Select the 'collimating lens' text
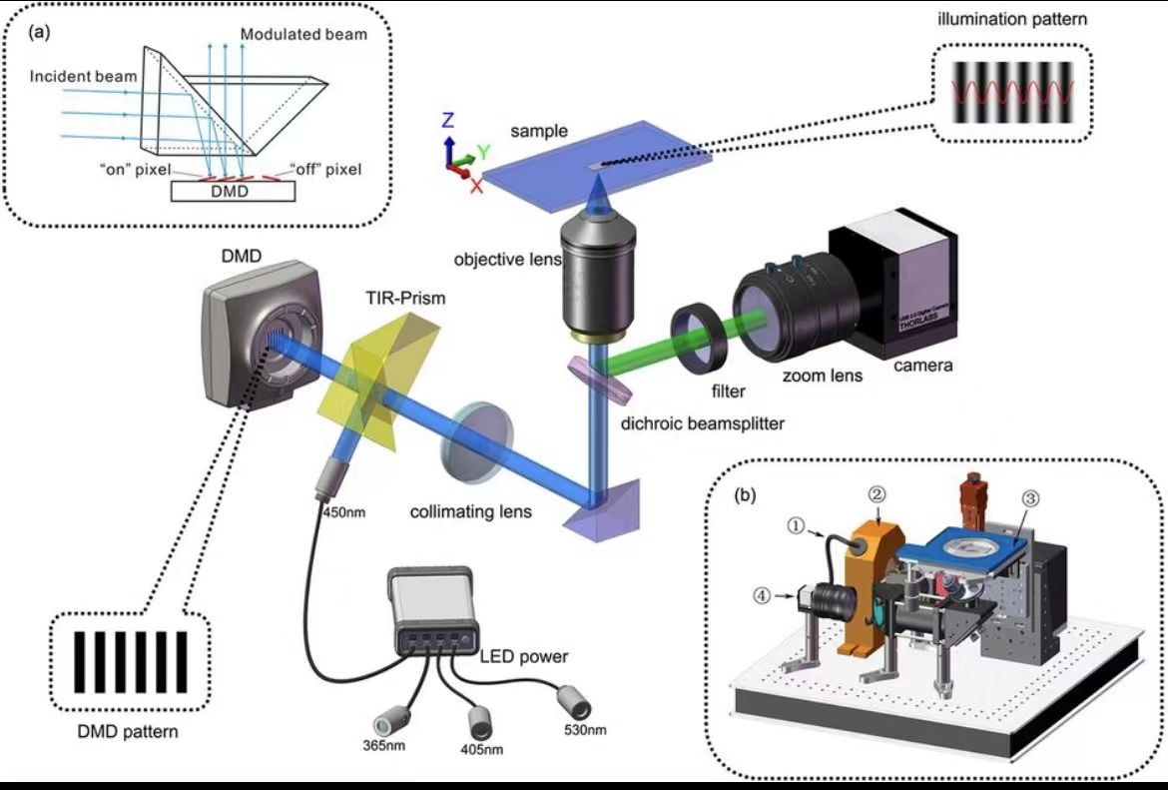pos(470,512)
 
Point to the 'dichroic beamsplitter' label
pos(703,423)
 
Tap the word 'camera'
pos(922,366)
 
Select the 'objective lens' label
pos(506,259)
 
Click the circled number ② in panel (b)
pos(876,493)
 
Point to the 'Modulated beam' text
pos(303,34)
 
